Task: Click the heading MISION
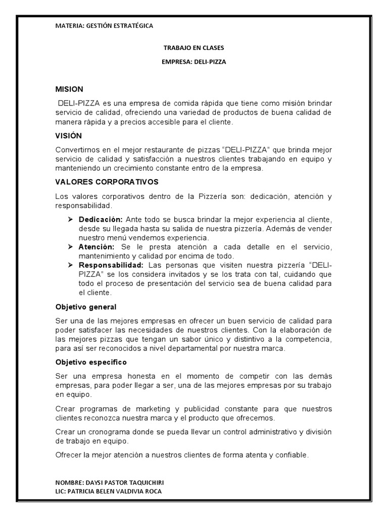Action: (x=69, y=89)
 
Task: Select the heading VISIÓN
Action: (x=68, y=136)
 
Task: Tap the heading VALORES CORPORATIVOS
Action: (x=107, y=181)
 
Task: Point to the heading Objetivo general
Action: (x=86, y=307)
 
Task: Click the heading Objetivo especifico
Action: (x=91, y=363)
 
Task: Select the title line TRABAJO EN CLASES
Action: (x=193, y=48)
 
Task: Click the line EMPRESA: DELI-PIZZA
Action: (x=193, y=62)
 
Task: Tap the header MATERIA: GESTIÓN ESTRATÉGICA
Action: (x=104, y=25)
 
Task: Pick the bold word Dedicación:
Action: (x=101, y=220)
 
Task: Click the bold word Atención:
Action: (x=96, y=247)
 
